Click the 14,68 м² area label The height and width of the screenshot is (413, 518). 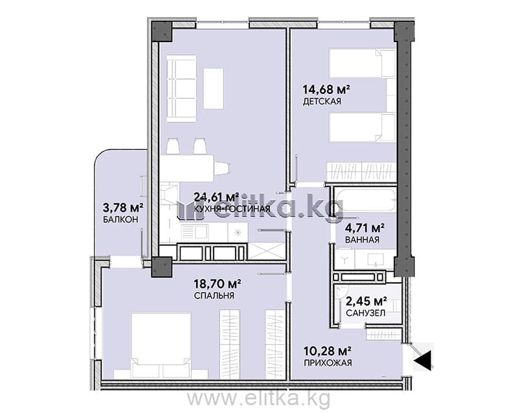pos(326,89)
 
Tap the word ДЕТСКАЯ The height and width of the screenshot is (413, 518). pos(322,102)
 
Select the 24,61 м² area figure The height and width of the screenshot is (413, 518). pos(217,197)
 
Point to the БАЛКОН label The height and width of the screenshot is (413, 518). pos(120,219)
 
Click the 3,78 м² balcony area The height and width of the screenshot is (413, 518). pos(123,208)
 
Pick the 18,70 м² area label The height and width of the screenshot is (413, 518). pos(217,284)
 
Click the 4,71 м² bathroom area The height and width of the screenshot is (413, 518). pos(365,228)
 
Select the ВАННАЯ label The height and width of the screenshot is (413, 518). pos(362,240)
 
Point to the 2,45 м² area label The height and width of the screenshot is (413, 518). pos(366,301)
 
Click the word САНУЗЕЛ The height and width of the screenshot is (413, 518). pos(365,313)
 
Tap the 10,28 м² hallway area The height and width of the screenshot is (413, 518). pos(328,350)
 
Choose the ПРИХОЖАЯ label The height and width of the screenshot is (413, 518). pos(328,363)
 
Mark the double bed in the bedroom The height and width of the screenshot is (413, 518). pos(161,346)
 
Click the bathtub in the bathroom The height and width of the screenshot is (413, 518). pos(365,200)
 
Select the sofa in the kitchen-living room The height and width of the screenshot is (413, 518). pos(181,89)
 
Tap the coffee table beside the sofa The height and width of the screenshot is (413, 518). pos(213,89)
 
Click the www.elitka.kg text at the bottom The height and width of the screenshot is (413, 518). pos(258,399)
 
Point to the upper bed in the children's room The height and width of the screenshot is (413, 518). pos(363,64)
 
